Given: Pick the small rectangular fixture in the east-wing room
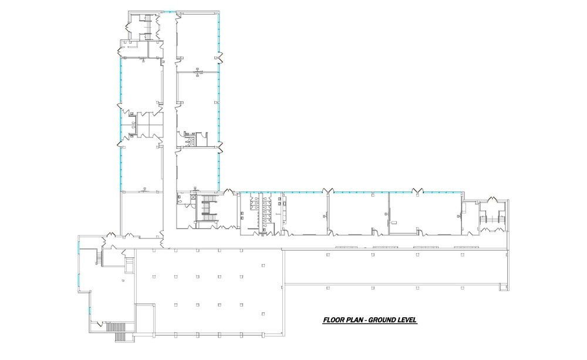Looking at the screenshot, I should [x=395, y=221].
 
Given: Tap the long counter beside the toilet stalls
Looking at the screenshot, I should [x=282, y=210].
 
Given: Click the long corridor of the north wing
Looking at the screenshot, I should [x=168, y=117].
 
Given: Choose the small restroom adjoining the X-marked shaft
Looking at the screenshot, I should [x=183, y=200].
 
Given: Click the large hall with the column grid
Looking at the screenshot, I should [x=208, y=291].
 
